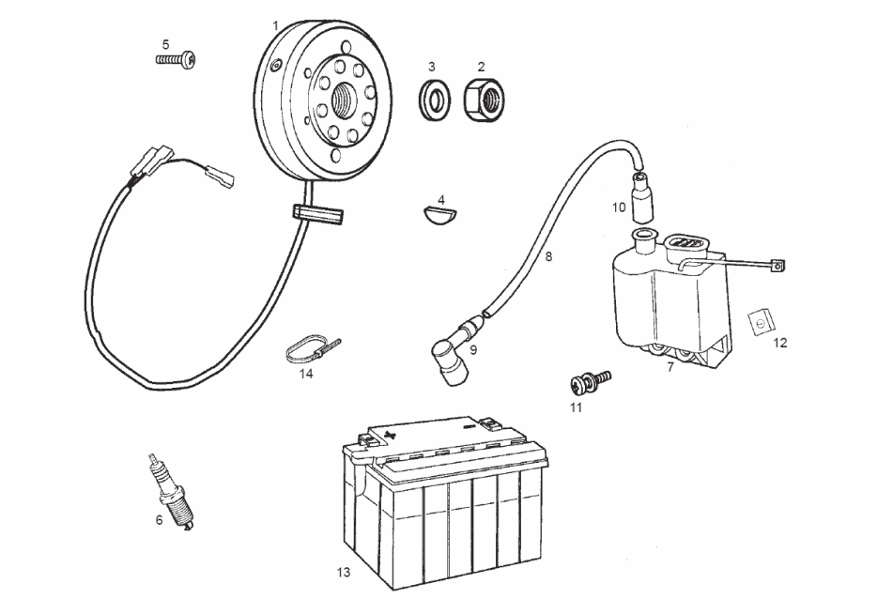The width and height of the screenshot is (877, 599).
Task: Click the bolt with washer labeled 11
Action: (591, 381)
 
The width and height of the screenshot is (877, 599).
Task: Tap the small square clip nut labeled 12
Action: (759, 320)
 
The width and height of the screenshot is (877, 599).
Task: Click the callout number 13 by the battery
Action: (345, 572)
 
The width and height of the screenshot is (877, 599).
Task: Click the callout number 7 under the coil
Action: (670, 366)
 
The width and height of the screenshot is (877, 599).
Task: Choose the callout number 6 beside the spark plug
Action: (159, 518)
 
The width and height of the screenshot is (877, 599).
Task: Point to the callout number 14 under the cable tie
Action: (306, 374)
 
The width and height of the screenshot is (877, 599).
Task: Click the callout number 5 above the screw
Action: (166, 43)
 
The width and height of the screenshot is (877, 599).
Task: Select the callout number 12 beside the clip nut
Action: (780, 343)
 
